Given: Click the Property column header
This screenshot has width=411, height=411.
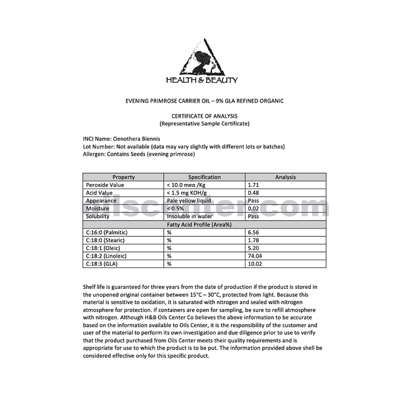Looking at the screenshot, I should (x=123, y=177).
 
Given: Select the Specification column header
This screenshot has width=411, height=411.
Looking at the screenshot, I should (x=204, y=177).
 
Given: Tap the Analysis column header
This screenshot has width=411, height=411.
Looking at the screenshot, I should (x=285, y=177).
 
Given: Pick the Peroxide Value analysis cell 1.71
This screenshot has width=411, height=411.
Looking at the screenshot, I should (x=254, y=185).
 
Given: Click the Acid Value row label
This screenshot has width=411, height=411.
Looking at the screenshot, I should (x=99, y=193).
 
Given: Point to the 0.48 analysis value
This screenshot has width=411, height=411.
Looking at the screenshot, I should (x=254, y=193).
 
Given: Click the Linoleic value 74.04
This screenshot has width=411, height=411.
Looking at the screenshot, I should (x=255, y=256).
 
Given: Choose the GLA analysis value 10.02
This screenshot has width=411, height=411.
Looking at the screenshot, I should (x=255, y=264).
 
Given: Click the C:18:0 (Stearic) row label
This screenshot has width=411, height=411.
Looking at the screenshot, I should (x=105, y=240).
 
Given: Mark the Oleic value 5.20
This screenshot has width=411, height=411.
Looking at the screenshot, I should (x=254, y=248).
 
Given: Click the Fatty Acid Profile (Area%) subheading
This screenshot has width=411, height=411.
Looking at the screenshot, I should (x=204, y=224).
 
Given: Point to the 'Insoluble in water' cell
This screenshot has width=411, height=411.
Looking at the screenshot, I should (x=189, y=216).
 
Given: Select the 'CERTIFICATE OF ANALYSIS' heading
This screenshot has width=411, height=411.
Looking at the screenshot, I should (x=204, y=116).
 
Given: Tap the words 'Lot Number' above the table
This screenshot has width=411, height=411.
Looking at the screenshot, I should (x=98, y=147).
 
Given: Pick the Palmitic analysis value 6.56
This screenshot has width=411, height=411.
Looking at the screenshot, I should (x=254, y=232).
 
